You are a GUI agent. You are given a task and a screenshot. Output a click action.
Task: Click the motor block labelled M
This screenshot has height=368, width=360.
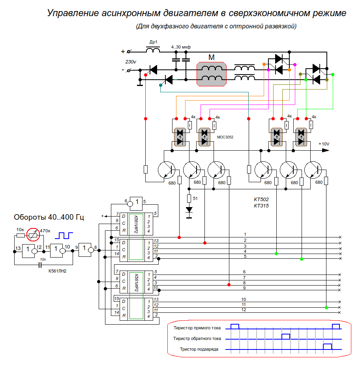click(212, 73)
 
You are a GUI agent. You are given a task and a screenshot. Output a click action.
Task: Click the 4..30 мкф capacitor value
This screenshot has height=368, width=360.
click(181, 47)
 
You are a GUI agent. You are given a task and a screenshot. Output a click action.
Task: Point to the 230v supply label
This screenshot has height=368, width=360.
click(131, 62)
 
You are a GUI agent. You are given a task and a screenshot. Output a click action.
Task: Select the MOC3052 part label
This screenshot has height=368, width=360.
click(225, 137)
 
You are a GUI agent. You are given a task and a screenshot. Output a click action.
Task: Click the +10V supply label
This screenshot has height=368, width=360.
click(324, 144)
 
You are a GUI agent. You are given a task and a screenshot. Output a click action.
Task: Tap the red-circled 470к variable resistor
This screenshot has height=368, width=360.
click(34, 235)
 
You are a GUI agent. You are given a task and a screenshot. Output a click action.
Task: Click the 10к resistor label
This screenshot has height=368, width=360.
click(20, 230)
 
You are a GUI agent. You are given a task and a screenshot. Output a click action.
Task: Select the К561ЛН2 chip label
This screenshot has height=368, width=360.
click(57, 271)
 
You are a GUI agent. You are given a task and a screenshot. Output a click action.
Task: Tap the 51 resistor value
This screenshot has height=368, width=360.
click(195, 198)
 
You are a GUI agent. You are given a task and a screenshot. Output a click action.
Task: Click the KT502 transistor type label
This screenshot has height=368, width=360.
click(261, 200)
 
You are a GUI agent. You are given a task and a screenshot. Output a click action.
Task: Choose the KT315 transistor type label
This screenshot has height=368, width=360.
click(261, 205)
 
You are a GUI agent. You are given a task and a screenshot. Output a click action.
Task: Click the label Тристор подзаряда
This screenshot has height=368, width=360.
click(199, 349)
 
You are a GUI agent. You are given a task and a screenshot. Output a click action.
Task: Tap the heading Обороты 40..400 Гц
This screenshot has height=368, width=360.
click(49, 217)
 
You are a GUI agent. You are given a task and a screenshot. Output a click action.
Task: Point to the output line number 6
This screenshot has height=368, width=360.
click(244, 272)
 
